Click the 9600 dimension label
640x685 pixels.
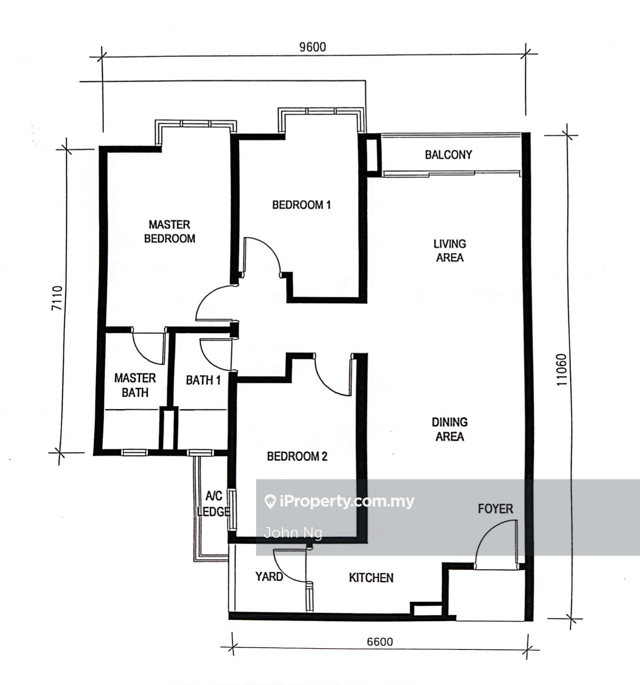(x=312, y=47)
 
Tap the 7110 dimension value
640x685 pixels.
(x=57, y=297)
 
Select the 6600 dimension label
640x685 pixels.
(x=380, y=641)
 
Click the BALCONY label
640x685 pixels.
(x=448, y=155)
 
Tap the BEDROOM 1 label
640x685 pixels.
(x=301, y=205)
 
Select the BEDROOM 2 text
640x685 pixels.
(x=297, y=456)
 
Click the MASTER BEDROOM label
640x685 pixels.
(x=169, y=232)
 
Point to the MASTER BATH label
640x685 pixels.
(x=135, y=385)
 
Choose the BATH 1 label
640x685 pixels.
(x=203, y=380)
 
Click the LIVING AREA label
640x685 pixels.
(x=450, y=251)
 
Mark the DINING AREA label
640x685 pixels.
(x=450, y=429)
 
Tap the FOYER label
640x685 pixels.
(x=496, y=509)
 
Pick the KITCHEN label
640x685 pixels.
(x=371, y=577)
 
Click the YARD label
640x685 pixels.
(x=269, y=577)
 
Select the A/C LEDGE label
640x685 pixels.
(x=214, y=504)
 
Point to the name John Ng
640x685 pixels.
(x=293, y=533)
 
